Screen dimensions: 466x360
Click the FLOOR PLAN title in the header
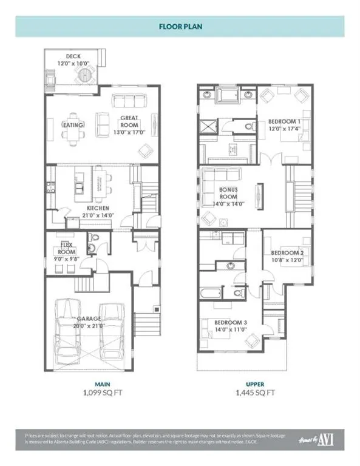(180, 27)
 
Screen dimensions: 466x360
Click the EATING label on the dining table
(75, 126)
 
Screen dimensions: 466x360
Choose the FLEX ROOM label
(66, 249)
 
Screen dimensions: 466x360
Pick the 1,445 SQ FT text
(256, 393)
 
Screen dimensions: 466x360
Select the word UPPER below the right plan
(255, 383)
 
